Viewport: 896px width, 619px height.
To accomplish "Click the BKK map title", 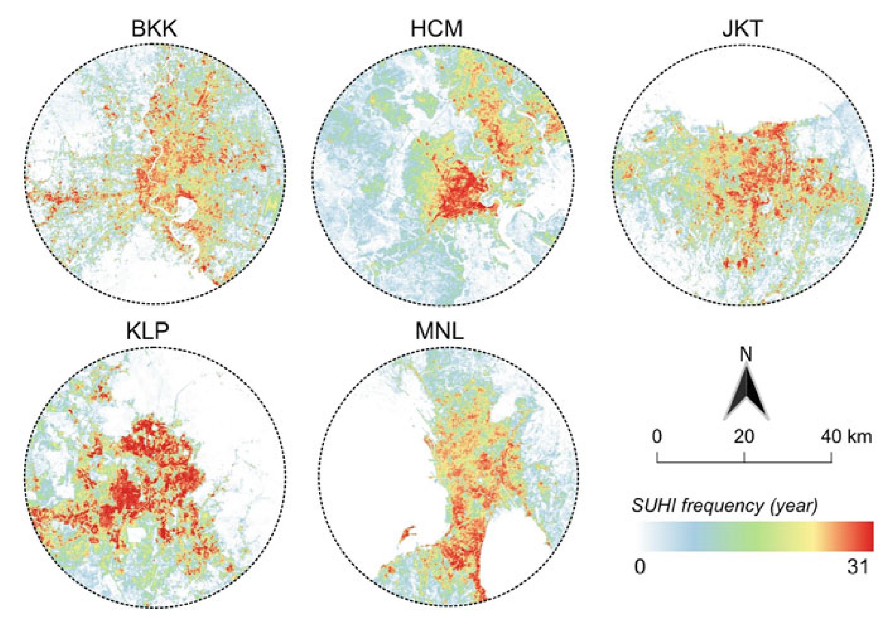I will [x=154, y=28].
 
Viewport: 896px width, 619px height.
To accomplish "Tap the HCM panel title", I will [x=437, y=28].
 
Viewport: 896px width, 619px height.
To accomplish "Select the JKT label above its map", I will [x=742, y=28].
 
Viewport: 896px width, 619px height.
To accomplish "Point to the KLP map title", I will [x=147, y=330].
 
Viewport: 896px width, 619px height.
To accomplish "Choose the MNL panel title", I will [x=439, y=330].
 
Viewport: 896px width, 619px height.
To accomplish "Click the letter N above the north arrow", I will [x=746, y=354].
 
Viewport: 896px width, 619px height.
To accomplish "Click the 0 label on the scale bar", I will [x=657, y=437].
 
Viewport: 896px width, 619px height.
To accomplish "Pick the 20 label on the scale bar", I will [x=744, y=437].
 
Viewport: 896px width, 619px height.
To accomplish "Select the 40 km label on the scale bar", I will [x=846, y=437].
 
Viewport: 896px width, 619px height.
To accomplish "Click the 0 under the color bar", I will [x=640, y=566].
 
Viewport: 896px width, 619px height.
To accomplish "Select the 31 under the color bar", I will [x=858, y=566].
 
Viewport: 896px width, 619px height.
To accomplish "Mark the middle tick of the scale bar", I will [x=744, y=457].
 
